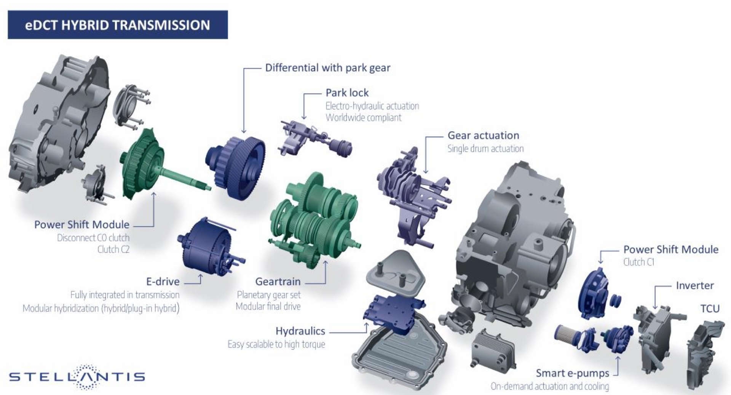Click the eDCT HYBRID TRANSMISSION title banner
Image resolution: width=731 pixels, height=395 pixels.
118,25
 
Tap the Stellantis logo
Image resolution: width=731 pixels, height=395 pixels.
77,377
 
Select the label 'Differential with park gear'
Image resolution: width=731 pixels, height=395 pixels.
327,68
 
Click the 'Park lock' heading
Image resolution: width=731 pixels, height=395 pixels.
347,93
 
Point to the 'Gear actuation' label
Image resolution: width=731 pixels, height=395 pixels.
483,135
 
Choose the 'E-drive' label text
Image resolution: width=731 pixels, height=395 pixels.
163,281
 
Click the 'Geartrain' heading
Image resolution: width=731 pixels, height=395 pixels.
278,281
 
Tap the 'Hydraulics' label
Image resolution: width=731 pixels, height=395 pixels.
300,331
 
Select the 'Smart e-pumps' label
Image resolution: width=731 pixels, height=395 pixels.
572,373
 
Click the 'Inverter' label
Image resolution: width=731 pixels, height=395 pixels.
695,285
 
